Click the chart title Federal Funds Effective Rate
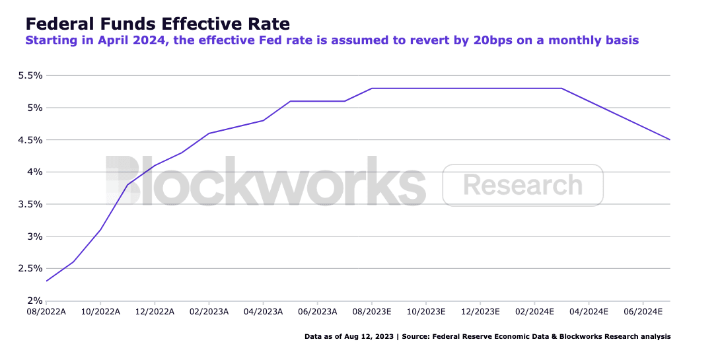coord(157,24)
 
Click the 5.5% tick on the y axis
coord(30,75)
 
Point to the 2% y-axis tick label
coord(34,301)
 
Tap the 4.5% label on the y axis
coord(30,140)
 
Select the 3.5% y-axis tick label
coord(30,204)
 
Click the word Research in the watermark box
coord(522,185)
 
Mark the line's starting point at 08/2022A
coord(46,281)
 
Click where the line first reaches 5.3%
coord(372,89)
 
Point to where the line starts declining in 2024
coord(561,89)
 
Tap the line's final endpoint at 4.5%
coord(670,139)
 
